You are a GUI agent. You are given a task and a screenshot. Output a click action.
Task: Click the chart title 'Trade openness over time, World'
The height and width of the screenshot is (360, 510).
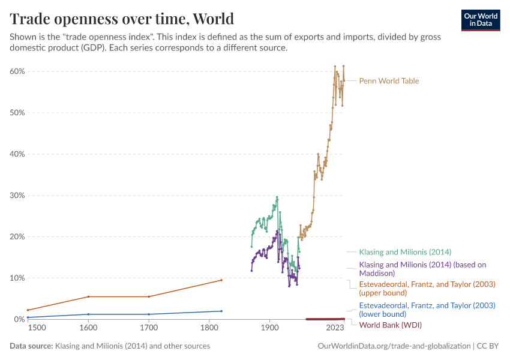(x=122, y=18)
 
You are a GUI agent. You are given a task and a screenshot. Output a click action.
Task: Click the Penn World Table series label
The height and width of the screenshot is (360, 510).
(x=389, y=81)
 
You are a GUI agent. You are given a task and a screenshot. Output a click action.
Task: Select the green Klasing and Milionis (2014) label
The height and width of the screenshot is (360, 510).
(x=405, y=252)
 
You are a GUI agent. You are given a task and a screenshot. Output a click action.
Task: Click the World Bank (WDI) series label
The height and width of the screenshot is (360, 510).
(x=390, y=325)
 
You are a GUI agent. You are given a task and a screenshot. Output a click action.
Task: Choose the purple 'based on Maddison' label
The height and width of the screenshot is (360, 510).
(x=422, y=268)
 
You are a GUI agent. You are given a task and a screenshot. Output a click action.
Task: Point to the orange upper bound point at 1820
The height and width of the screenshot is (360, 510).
(x=221, y=280)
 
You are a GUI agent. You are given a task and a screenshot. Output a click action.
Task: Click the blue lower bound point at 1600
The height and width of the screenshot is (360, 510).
(x=89, y=314)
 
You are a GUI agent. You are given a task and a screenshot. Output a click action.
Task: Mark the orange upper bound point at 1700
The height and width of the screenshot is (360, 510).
(x=149, y=296)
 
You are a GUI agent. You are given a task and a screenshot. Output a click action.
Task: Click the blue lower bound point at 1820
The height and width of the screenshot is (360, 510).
(x=221, y=311)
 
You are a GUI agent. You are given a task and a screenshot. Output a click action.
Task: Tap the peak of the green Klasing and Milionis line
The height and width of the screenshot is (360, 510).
(x=277, y=197)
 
